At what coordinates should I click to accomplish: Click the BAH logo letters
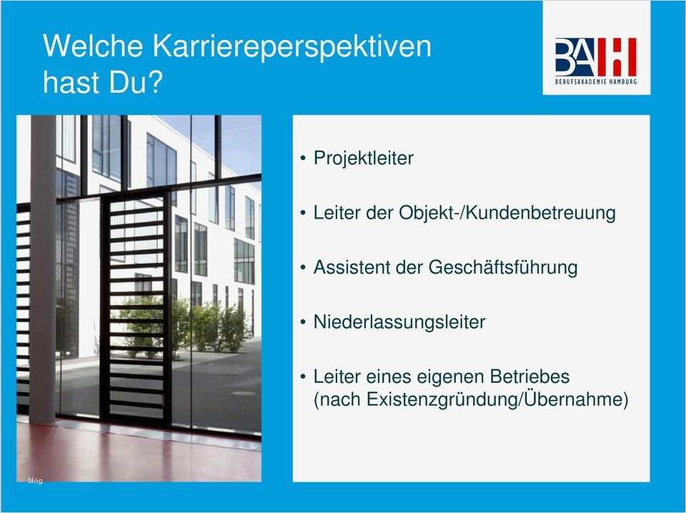tap(595, 56)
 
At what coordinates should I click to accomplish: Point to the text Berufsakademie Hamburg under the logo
tap(595, 81)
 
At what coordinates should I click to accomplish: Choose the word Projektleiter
tap(363, 158)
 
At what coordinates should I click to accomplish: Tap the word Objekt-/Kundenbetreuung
tap(507, 213)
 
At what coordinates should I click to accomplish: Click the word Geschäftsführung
tap(502, 267)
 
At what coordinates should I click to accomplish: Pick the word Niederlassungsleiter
tap(399, 322)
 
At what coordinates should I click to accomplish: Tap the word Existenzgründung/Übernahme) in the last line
tap(497, 399)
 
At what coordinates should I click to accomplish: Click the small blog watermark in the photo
tap(35, 480)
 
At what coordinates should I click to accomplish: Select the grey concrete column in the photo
tap(43, 272)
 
